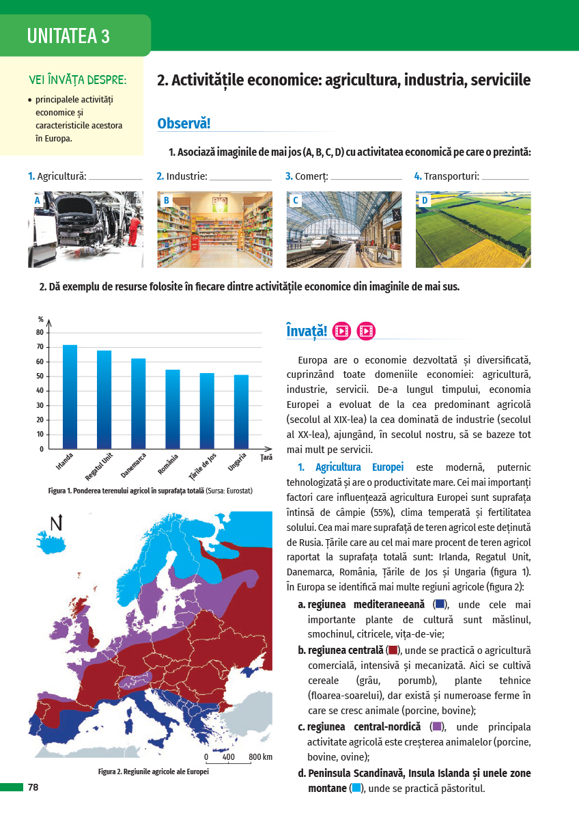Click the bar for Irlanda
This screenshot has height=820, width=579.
pos(70,396)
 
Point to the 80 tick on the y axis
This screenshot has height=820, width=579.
pos(40,332)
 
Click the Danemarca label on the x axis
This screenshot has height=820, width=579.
pos(133,465)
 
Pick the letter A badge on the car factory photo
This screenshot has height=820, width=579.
pos(38,201)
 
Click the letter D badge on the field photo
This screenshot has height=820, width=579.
pos(425,201)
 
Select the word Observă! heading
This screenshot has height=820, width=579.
pos(184,124)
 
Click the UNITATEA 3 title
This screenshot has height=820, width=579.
pos(68,36)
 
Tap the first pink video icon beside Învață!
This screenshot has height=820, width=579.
pos(342,331)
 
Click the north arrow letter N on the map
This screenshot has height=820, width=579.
pos(57,523)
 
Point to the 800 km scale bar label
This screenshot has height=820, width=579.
pos(260,757)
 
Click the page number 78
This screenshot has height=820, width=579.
pos(33,788)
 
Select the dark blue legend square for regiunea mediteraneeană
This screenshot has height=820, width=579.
pos(440,604)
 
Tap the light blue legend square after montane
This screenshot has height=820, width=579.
pos(356,789)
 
